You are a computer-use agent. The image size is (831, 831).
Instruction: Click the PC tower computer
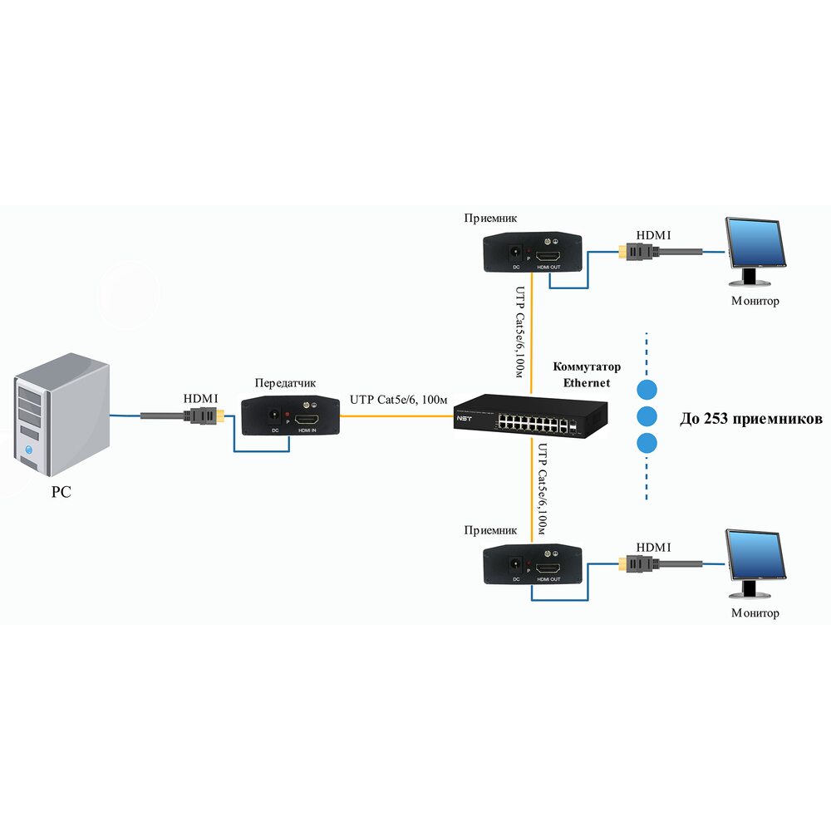61,415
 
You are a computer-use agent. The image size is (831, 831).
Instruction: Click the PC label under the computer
61,492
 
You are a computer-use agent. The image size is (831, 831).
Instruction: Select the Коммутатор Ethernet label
587,375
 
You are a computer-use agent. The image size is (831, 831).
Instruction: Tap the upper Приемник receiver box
533,253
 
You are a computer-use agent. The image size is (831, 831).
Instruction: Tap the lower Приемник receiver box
533,564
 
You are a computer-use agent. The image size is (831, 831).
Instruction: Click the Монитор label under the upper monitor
755,301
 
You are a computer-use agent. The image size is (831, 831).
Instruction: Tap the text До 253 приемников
750,419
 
